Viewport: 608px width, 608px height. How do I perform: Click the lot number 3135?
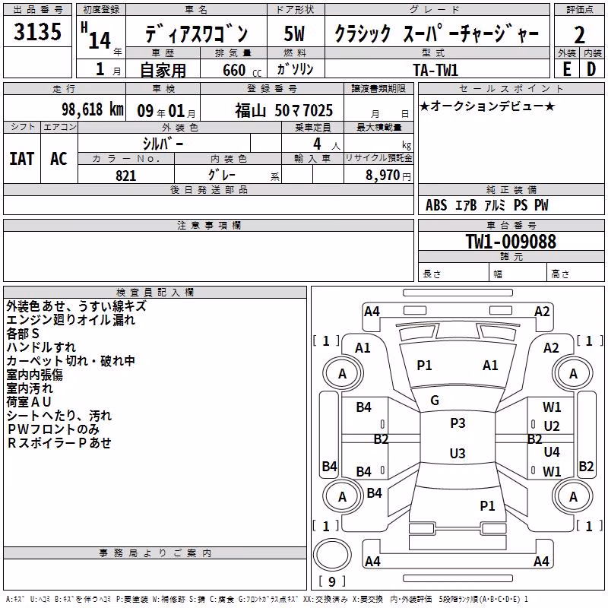(x=37, y=31)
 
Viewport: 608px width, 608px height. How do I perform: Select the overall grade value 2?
(x=579, y=35)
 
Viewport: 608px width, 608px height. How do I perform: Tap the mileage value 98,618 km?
(x=93, y=109)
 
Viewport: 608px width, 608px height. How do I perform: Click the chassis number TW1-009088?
(x=511, y=242)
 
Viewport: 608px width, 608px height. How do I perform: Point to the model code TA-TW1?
(x=435, y=70)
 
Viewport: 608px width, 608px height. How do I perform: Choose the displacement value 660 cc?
(x=242, y=71)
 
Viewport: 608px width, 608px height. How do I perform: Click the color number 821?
(x=126, y=176)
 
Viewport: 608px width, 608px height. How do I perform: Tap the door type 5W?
(x=294, y=33)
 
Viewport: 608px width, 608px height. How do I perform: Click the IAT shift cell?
(x=22, y=159)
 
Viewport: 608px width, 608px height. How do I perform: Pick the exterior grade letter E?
(x=566, y=69)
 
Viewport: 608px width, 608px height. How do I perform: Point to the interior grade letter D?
(x=591, y=69)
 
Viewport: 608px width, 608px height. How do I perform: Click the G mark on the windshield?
(x=435, y=401)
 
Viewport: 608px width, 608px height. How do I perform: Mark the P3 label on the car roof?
(x=458, y=423)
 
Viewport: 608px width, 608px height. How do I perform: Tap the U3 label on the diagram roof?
(x=458, y=453)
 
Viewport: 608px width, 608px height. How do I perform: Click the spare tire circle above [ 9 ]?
(x=332, y=555)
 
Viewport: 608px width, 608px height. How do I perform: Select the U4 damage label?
(x=552, y=451)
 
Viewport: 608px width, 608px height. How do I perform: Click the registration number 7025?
(x=316, y=111)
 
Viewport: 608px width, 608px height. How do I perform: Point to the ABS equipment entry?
(x=436, y=205)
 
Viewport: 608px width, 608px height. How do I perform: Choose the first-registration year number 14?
(x=100, y=40)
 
